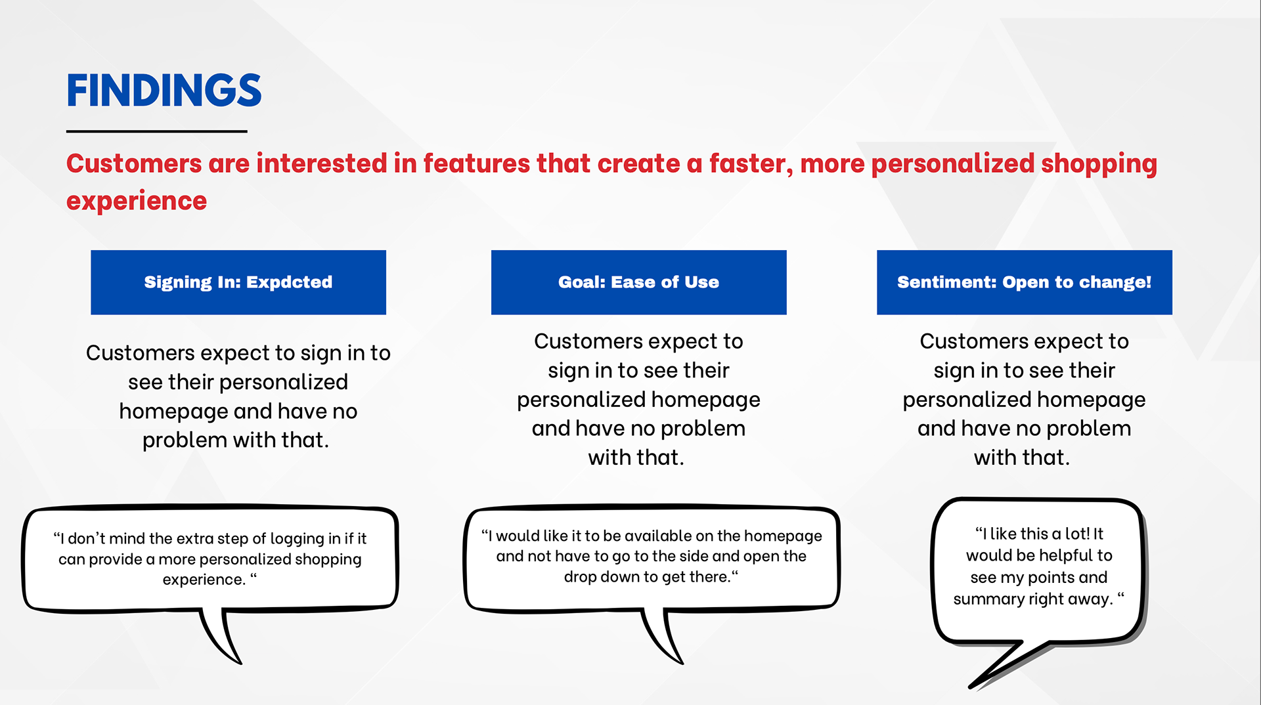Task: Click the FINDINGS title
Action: pyautogui.click(x=164, y=91)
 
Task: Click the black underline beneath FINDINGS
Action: pyautogui.click(x=156, y=131)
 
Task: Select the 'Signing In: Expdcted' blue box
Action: pyautogui.click(x=238, y=282)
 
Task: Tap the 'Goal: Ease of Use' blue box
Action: pyautogui.click(x=639, y=282)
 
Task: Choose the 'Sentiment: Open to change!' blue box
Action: pyautogui.click(x=1025, y=282)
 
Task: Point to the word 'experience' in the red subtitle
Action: pyautogui.click(x=137, y=202)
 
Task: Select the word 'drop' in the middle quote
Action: pyautogui.click(x=578, y=577)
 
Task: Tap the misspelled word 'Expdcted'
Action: pyautogui.click(x=290, y=282)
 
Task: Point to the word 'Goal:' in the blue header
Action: pyautogui.click(x=582, y=282)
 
